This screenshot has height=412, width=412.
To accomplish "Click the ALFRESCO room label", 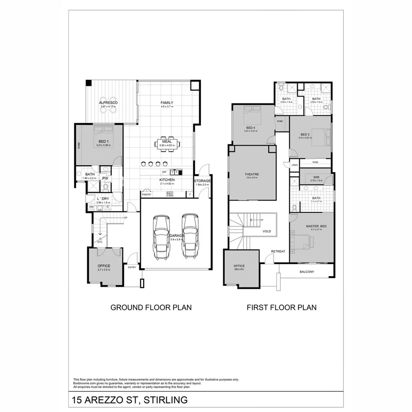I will (108, 103).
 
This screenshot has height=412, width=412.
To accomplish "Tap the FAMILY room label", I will (167, 103).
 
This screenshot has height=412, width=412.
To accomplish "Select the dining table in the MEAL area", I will (167, 144).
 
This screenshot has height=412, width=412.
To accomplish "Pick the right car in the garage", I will (190, 236).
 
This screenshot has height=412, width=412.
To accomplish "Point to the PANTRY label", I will (146, 195).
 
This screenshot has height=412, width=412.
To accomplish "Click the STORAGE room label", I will (202, 181).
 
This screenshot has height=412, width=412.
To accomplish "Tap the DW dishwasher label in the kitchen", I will (163, 172).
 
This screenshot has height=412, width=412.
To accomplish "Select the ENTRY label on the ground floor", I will (132, 267).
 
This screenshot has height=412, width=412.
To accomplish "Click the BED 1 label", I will (103, 141).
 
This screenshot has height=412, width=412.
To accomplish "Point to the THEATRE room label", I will (252, 174).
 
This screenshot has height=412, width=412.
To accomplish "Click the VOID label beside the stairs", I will (266, 231).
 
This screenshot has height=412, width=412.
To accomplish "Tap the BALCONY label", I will (307, 272).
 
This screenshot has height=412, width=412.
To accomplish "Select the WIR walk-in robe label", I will (316, 177).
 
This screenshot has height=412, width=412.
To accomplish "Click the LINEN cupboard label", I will (294, 165).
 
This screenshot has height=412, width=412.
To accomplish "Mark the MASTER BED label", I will (316, 226).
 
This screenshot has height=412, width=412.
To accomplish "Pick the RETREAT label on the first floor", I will (278, 252).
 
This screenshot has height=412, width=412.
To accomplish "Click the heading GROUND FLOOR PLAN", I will (151, 308).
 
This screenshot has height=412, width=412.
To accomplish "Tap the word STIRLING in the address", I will (166, 400).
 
